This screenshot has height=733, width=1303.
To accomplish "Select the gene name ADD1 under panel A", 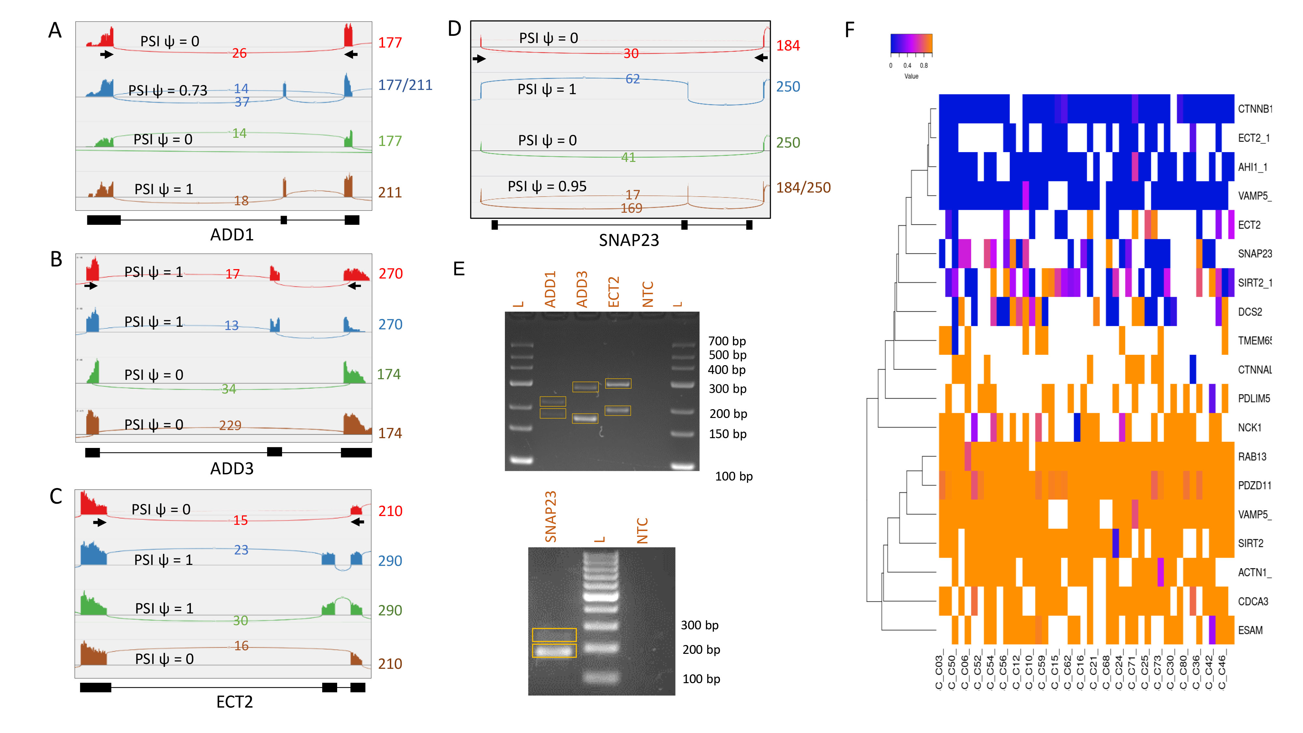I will point(232,235).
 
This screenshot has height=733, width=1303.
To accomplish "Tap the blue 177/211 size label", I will point(405,85).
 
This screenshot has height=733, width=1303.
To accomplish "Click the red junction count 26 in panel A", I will point(239,53).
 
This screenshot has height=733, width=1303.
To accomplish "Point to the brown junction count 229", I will point(230,425).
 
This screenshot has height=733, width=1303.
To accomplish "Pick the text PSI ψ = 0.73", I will point(168,91).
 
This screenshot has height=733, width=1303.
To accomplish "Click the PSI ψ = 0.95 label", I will point(547,187).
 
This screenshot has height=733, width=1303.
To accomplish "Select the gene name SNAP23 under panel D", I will point(629,240).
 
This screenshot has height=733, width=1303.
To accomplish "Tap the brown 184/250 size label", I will point(803,188).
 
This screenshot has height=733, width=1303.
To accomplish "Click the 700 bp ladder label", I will point(727,341).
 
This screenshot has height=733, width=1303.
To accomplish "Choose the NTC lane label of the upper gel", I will point(648,294).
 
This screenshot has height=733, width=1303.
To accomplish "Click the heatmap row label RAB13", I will point(1252,457).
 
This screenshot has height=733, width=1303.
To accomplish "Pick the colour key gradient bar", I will point(911,44).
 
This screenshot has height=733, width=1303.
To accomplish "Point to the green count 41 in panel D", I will point(628,157).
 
